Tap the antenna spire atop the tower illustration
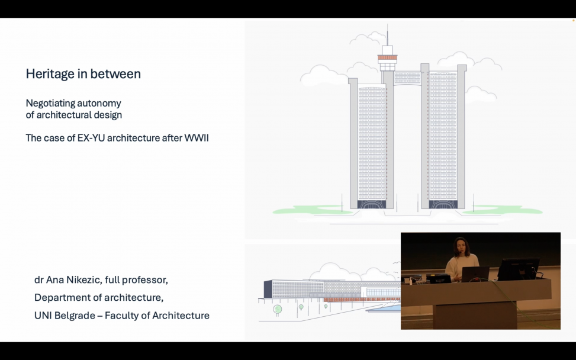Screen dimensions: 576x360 tap(387, 35)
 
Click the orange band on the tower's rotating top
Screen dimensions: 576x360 tap(388, 57)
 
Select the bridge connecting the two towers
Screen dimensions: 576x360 tap(407, 78)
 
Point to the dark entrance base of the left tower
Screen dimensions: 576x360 tap(372, 204)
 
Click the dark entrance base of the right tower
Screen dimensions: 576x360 tap(443, 204)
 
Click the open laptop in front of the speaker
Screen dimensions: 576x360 tap(475, 274)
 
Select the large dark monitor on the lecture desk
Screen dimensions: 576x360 tap(518, 269)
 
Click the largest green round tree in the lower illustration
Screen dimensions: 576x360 tap(278, 309)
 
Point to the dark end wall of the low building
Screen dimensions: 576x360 tap(268, 289)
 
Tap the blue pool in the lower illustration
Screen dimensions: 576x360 tap(383, 308)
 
